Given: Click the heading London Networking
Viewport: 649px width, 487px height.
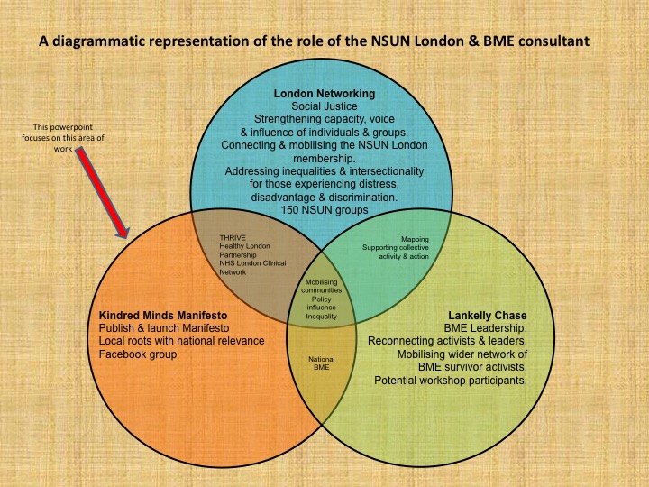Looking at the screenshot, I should coord(324,94).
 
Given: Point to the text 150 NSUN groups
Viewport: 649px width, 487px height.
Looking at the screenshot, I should coord(324,210).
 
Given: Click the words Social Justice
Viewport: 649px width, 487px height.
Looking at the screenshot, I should coord(324,106).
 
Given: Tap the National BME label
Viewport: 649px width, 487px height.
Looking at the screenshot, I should coord(322,364).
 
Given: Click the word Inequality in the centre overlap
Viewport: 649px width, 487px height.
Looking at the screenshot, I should coord(322,317).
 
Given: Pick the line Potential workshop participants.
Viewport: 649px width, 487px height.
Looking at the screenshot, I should coord(450,380).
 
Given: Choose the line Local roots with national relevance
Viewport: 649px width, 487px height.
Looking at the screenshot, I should coord(181,342).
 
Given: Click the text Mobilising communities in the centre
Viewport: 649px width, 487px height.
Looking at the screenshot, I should coord(322,288).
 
